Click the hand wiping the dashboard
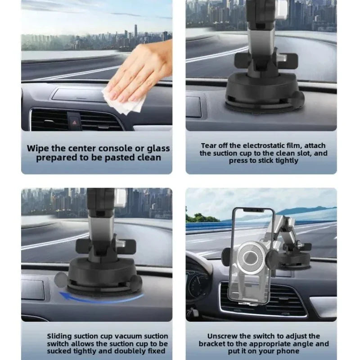pos(139,74)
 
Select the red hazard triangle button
pos(73,121)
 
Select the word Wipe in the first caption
pos(36,148)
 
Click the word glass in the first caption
pos(156,148)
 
